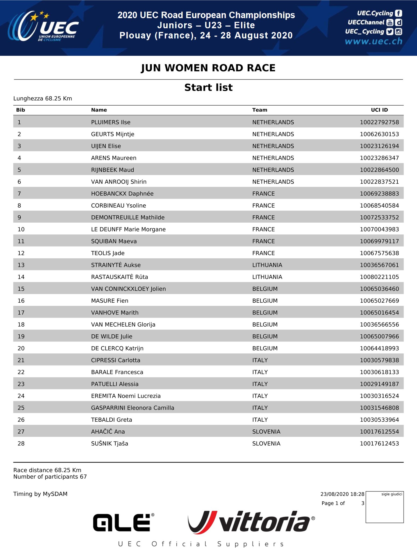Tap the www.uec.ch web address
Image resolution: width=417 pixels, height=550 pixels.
[373, 41]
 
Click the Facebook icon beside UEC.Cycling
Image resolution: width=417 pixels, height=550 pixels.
[399, 13]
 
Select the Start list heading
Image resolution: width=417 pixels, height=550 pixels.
[208, 88]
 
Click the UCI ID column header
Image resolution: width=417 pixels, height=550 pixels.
[379, 110]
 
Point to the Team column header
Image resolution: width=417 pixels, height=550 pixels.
[259, 110]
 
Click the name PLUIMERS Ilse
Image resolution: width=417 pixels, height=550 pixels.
[111, 122]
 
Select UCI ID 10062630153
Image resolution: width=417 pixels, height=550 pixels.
[379, 134]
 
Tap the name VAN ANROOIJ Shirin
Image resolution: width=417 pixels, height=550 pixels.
[119, 182]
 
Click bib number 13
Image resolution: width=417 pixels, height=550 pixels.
[21, 265]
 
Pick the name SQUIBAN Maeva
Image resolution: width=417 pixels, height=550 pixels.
[114, 241]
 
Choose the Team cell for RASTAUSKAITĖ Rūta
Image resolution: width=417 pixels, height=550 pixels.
[267, 277]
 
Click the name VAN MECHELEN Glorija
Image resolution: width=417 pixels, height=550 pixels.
[123, 324]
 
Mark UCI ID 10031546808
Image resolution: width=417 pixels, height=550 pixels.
[379, 408]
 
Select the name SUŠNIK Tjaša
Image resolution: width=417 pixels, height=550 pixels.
[109, 443]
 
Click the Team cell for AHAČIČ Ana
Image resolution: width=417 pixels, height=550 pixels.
[266, 432]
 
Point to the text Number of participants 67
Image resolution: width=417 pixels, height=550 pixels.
[50, 477]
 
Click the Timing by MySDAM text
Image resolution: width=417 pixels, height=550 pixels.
[40, 494]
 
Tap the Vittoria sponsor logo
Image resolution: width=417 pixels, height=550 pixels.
[251, 522]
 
